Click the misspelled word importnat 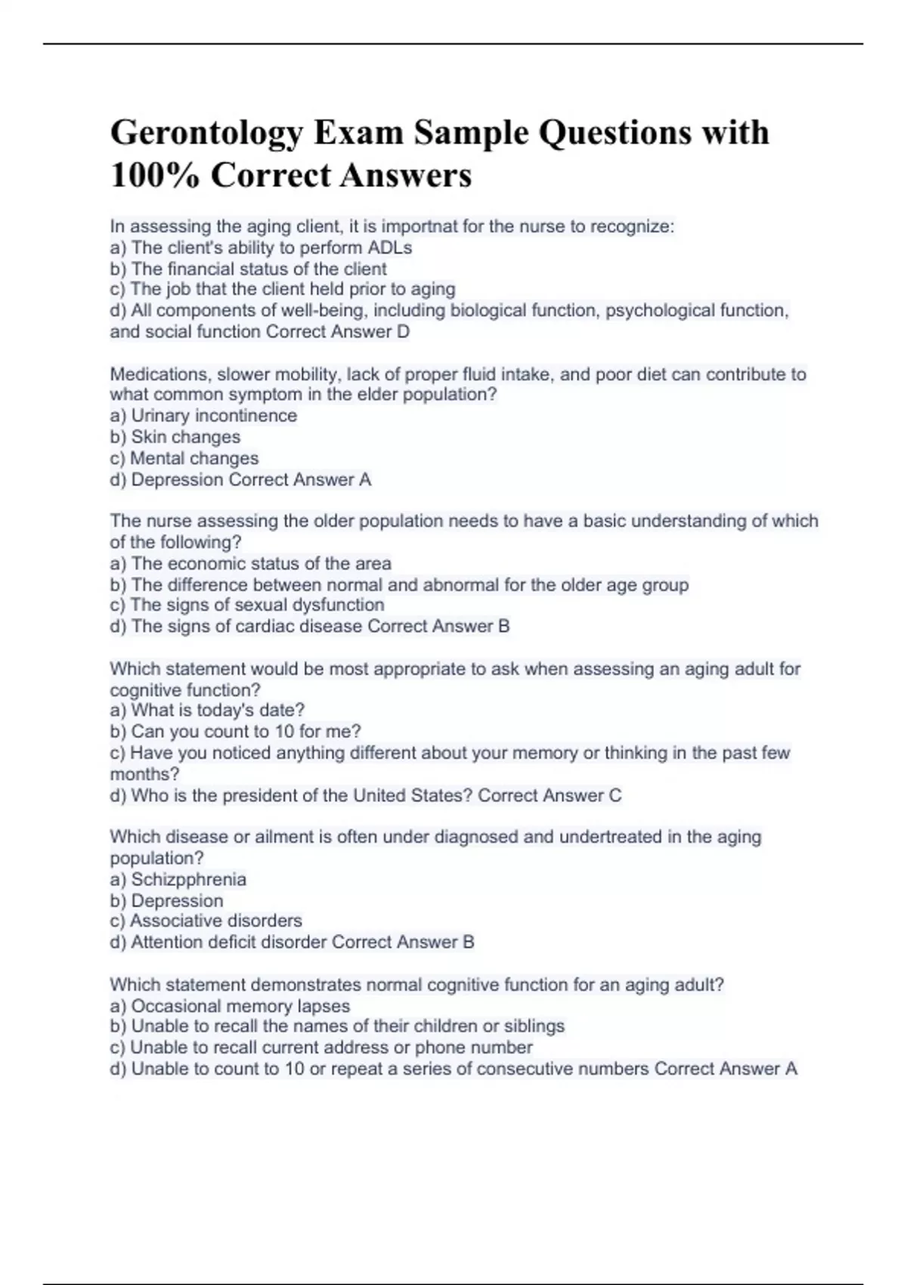pos(419,227)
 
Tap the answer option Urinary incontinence pos(214,416)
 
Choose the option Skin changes pos(185,437)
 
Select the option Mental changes pos(194,458)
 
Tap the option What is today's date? pos(218,711)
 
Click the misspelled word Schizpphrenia pos(188,880)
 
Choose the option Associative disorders pos(215,921)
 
